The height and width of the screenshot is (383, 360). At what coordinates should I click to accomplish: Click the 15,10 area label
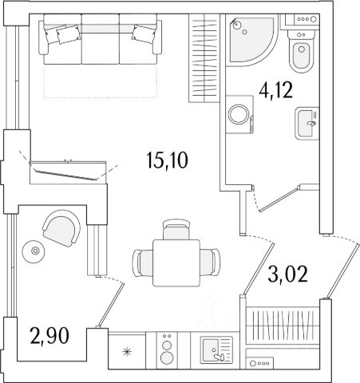(167, 161)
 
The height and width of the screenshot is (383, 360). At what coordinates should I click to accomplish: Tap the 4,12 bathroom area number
(276, 90)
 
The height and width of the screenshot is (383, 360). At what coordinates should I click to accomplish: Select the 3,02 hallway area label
(287, 274)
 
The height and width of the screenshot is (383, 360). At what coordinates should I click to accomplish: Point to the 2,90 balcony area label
(49, 336)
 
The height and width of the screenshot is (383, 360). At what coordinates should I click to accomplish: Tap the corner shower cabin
(251, 40)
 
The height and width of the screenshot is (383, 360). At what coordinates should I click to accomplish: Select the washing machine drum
(239, 114)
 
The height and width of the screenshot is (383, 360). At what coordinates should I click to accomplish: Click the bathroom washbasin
(307, 123)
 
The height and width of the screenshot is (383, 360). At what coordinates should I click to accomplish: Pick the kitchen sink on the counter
(216, 349)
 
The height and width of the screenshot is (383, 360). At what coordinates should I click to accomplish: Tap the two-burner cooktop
(167, 350)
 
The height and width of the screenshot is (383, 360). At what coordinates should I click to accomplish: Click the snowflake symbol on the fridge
(127, 352)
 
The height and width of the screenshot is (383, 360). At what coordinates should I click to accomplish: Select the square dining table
(176, 263)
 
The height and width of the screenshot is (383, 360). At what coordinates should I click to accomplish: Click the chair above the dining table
(176, 229)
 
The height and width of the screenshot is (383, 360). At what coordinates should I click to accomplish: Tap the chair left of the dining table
(143, 263)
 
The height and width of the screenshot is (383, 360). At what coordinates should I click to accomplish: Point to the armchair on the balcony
(61, 227)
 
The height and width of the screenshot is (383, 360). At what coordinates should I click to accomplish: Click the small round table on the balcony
(34, 251)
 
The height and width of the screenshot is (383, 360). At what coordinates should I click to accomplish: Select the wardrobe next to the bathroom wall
(204, 58)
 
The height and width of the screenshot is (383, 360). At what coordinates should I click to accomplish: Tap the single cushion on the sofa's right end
(144, 34)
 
